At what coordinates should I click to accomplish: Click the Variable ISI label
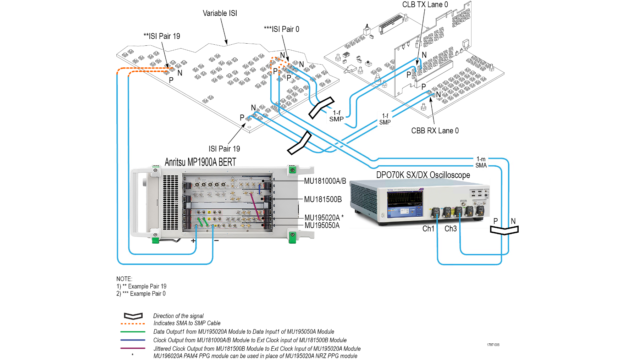pos(220,13)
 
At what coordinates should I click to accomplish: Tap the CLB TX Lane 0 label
pos(425,5)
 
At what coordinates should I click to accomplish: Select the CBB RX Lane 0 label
pos(435,131)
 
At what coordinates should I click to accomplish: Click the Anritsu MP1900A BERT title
pos(200,162)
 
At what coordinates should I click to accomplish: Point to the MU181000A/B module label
pos(325,181)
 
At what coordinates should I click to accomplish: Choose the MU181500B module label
pos(322,199)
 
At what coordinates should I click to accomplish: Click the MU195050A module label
pos(322,226)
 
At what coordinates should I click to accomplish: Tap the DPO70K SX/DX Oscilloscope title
pos(423,175)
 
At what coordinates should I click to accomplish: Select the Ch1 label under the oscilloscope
pos(428,229)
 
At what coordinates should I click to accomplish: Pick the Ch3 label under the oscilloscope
pos(451,229)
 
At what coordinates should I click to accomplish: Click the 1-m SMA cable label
pos(481,162)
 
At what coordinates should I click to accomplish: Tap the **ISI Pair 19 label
pos(161,36)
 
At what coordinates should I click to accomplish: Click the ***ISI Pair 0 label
pos(281,29)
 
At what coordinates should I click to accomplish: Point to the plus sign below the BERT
pos(193,241)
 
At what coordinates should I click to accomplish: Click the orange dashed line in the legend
pos(133,323)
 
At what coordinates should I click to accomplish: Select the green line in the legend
pos(133,332)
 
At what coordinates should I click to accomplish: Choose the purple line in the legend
pos(133,348)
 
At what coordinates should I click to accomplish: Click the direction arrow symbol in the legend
pos(133,316)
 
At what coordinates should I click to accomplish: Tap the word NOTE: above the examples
pos(124,279)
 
